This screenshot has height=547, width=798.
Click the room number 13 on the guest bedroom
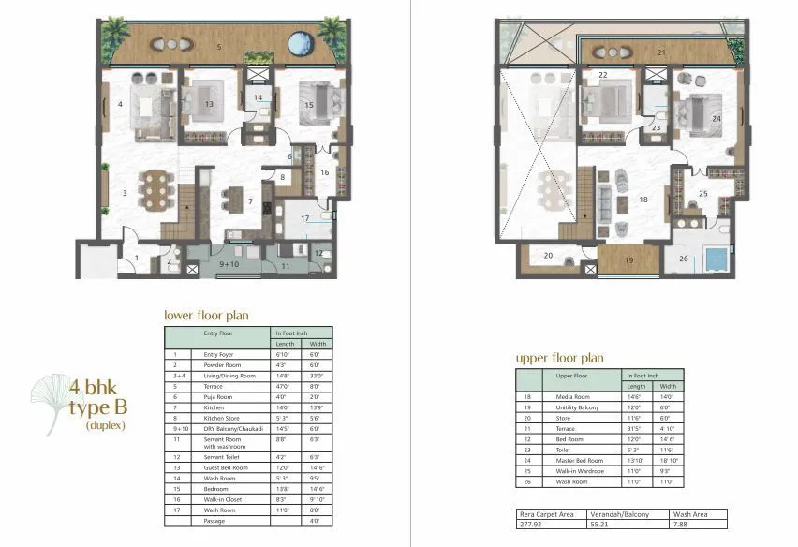(x=208, y=104)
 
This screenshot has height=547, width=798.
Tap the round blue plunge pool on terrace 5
(x=301, y=43)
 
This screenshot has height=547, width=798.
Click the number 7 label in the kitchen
(x=250, y=201)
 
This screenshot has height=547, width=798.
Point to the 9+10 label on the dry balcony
(x=229, y=265)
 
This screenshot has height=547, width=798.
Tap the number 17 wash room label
(x=304, y=219)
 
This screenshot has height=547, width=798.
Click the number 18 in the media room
(x=643, y=199)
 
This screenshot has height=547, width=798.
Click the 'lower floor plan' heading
(x=206, y=315)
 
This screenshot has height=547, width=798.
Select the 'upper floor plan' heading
(x=560, y=358)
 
